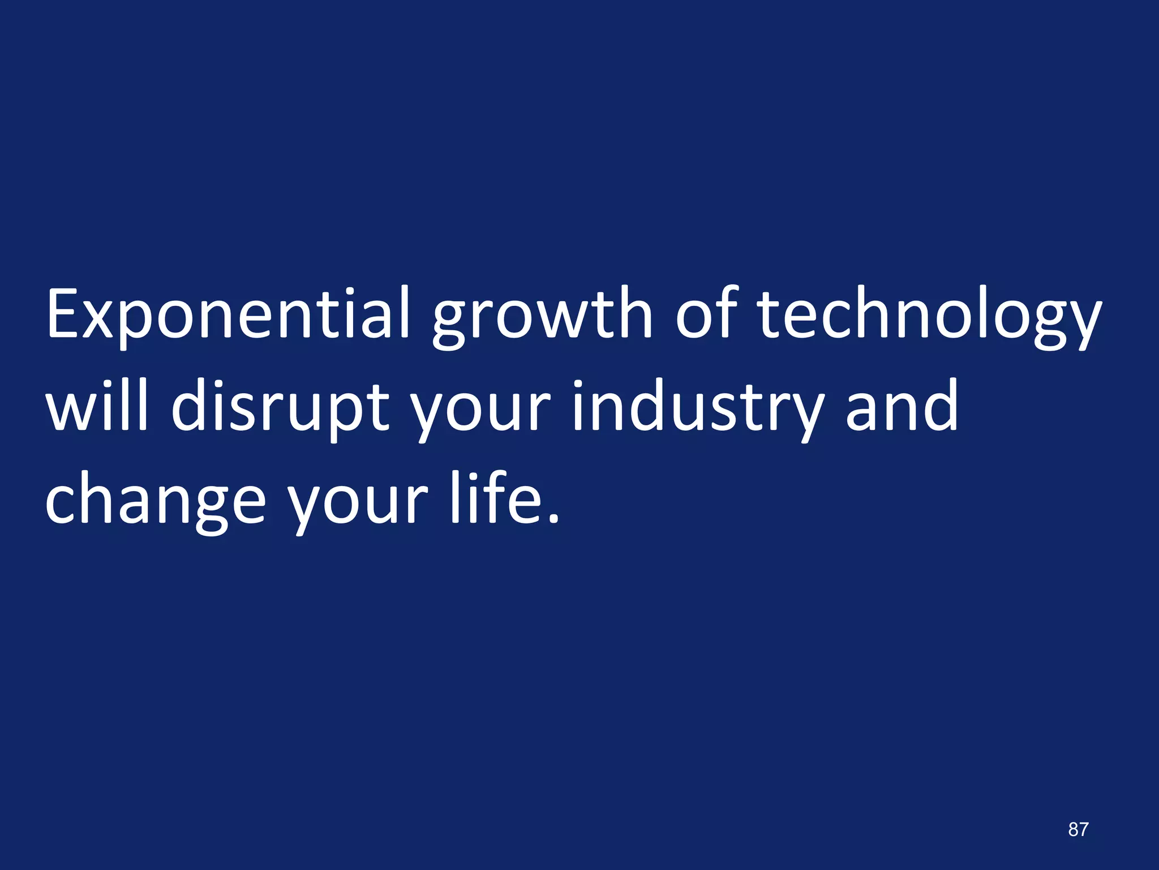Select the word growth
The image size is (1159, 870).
542,317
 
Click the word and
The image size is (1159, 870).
902,406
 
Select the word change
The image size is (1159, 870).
155,501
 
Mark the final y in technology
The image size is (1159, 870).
1081,326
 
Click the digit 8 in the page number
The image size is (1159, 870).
1073,829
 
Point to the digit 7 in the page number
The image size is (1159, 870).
1083,829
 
